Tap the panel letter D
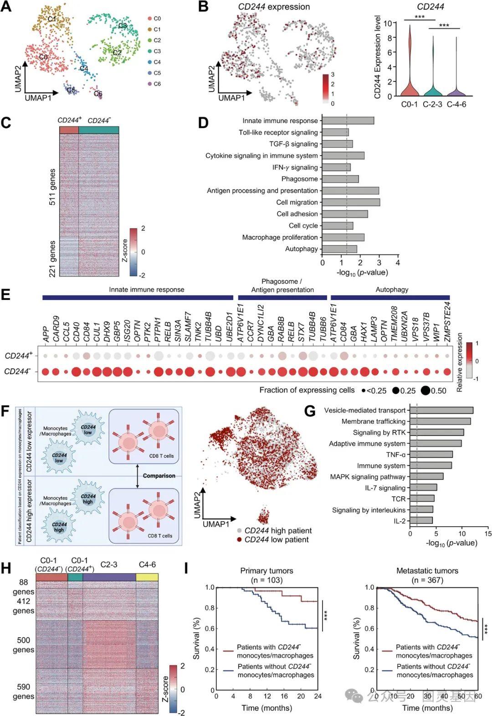coord(203,123)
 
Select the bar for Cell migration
coord(351,202)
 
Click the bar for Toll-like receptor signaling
coord(335,132)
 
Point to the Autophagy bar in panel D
coord(339,249)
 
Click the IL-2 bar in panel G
coord(421,520)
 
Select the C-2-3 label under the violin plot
coord(432,104)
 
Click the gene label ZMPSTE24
coord(447,321)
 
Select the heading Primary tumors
coord(266,571)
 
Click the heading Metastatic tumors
coord(427,571)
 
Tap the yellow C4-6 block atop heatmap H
coord(147,577)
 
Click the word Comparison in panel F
coord(159,476)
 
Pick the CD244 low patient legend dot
coord(239,539)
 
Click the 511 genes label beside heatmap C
coord(52,187)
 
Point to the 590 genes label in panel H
coord(23,691)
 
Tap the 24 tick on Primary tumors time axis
coord(318,696)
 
